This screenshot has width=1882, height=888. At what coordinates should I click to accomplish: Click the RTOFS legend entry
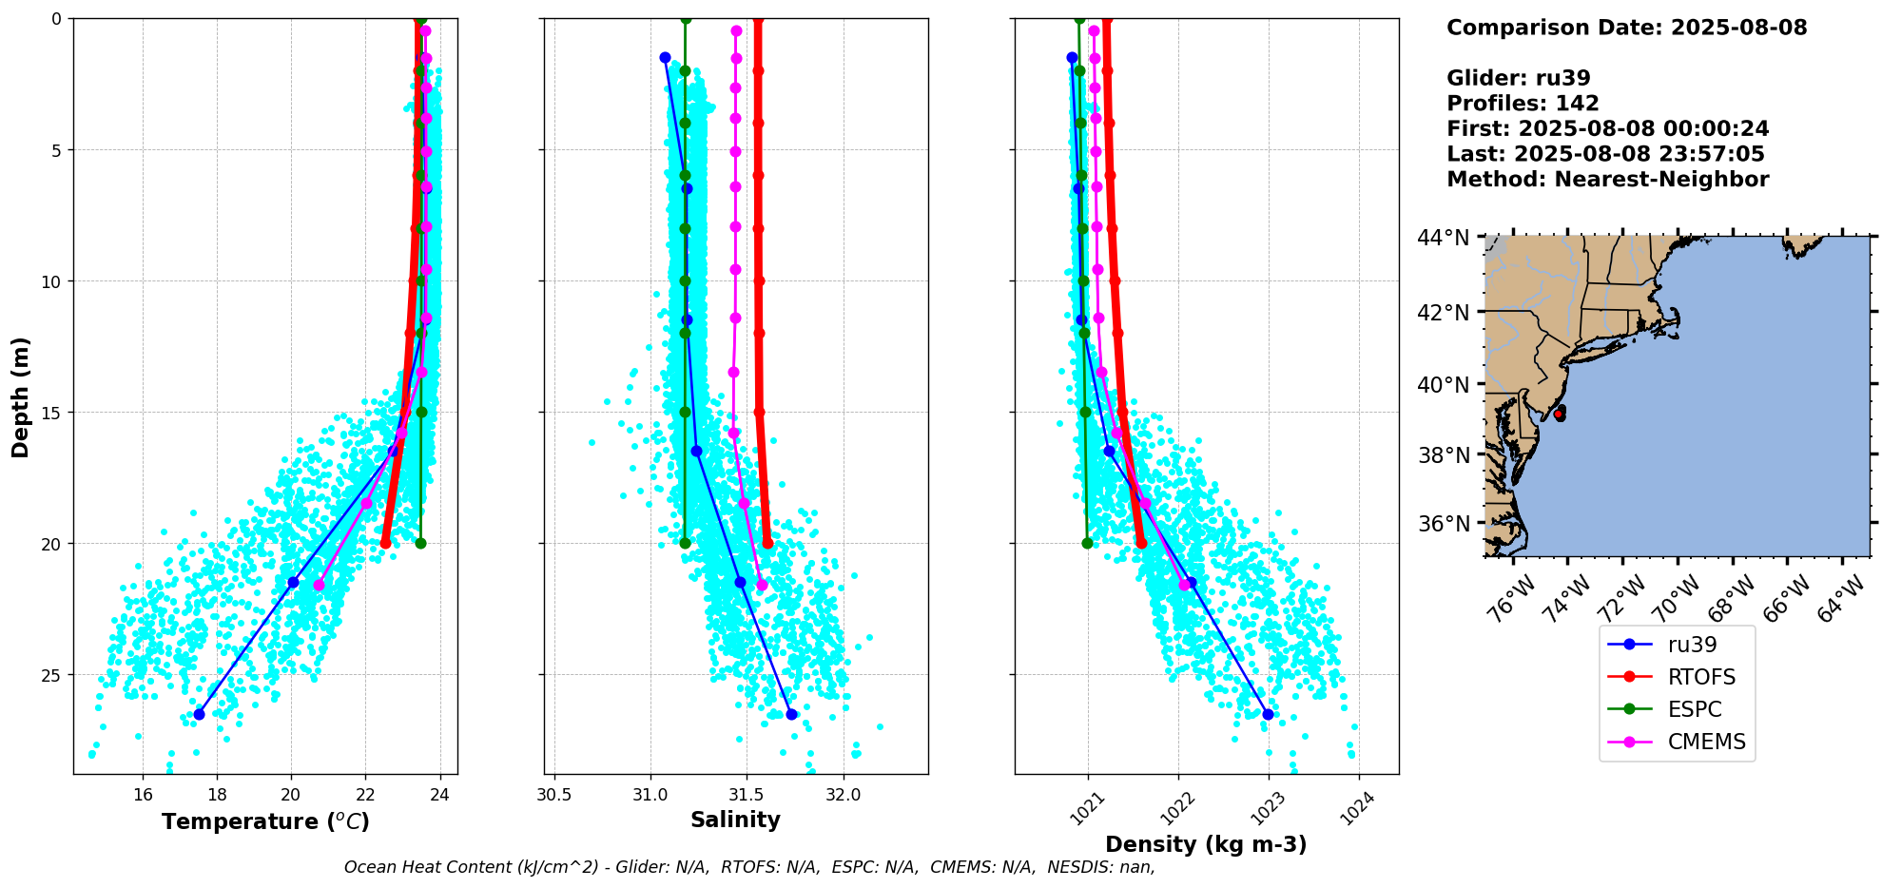pyautogui.click(x=1701, y=677)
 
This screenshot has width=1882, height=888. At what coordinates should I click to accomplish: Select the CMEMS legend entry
pyautogui.click(x=1706, y=742)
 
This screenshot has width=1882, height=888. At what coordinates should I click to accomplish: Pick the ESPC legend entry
pyautogui.click(x=1695, y=709)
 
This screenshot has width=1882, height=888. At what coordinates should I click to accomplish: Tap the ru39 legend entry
pyautogui.click(x=1692, y=645)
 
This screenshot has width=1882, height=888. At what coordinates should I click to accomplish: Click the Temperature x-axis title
pyautogui.click(x=265, y=821)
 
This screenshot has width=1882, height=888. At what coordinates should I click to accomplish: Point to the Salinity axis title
pyautogui.click(x=735, y=820)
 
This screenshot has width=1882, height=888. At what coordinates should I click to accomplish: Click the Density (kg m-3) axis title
pyautogui.click(x=1205, y=844)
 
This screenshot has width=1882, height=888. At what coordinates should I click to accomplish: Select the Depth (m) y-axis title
pyautogui.click(x=21, y=396)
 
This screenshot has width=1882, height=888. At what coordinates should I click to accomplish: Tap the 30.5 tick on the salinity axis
pyautogui.click(x=553, y=794)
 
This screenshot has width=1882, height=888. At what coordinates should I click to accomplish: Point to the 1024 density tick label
pyautogui.click(x=1357, y=808)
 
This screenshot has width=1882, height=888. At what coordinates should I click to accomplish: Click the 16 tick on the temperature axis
pyautogui.click(x=143, y=794)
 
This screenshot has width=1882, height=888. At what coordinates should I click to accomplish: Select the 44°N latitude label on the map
pyautogui.click(x=1443, y=238)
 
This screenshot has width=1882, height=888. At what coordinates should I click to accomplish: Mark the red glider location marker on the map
pyautogui.click(x=1559, y=414)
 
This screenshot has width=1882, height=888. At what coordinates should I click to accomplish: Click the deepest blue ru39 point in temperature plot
pyautogui.click(x=199, y=714)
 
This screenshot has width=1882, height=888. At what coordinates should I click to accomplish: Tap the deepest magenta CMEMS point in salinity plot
pyautogui.click(x=762, y=585)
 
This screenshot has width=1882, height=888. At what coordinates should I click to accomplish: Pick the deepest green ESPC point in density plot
pyautogui.click(x=1087, y=543)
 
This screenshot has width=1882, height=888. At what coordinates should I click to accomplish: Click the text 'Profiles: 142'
pyautogui.click(x=1523, y=104)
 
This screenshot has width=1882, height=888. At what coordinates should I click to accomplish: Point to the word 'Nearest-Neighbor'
pyautogui.click(x=1661, y=180)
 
